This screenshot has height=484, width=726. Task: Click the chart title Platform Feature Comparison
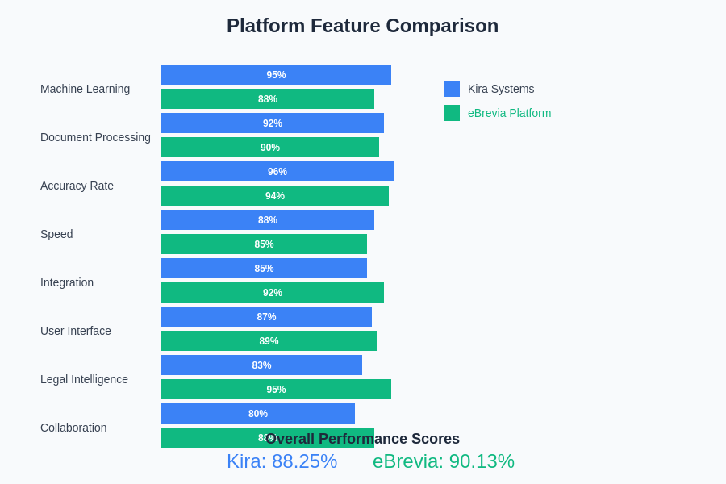pyautogui.click(x=362, y=26)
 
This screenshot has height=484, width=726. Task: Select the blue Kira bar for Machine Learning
pyautogui.click(x=276, y=75)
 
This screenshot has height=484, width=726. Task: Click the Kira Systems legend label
pyautogui.click(x=501, y=89)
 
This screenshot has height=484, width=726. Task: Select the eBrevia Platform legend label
pyautogui.click(x=509, y=113)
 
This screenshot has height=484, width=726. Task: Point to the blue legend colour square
pyautogui.click(x=452, y=89)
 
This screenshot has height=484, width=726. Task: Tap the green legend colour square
pyautogui.click(x=452, y=113)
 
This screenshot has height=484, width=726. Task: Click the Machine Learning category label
pyautogui.click(x=85, y=89)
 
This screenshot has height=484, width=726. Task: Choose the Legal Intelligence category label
pyautogui.click(x=84, y=379)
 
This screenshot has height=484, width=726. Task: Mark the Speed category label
pyautogui.click(x=56, y=234)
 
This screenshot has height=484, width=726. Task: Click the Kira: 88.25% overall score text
pyautogui.click(x=282, y=461)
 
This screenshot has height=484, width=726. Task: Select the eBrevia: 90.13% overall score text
pyautogui.click(x=444, y=461)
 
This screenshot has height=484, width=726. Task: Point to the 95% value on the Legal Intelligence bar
pyautogui.click(x=276, y=390)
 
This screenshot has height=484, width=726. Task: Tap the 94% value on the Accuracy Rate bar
pyautogui.click(x=275, y=196)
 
